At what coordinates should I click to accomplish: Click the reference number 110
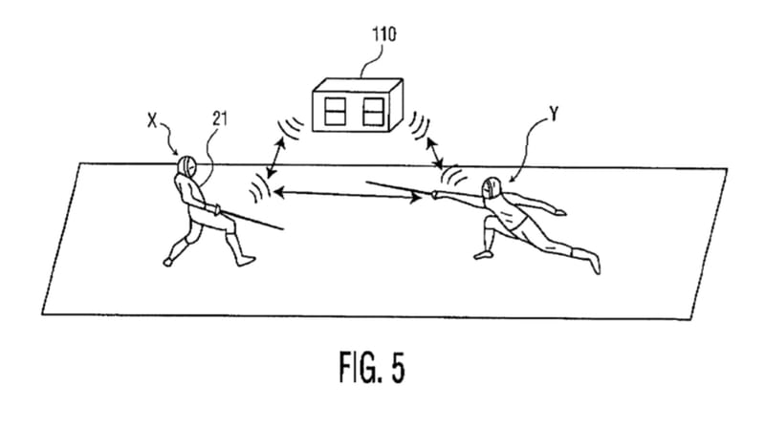click(384, 34)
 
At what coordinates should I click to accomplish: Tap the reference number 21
click(220, 118)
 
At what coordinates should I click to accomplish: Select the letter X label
click(153, 120)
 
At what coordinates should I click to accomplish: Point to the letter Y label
click(554, 114)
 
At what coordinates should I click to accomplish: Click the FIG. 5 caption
click(372, 367)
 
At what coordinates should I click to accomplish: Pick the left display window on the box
click(336, 111)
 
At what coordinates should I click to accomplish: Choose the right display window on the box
click(373, 112)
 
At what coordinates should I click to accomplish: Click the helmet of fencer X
click(186, 166)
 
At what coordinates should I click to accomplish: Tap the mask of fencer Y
click(492, 188)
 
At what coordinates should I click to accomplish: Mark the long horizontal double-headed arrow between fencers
click(347, 195)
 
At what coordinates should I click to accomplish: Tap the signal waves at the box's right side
click(419, 125)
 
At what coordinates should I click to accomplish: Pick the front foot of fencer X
click(245, 261)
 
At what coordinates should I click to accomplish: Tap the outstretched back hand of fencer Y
click(559, 211)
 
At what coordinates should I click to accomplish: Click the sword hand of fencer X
click(214, 209)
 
